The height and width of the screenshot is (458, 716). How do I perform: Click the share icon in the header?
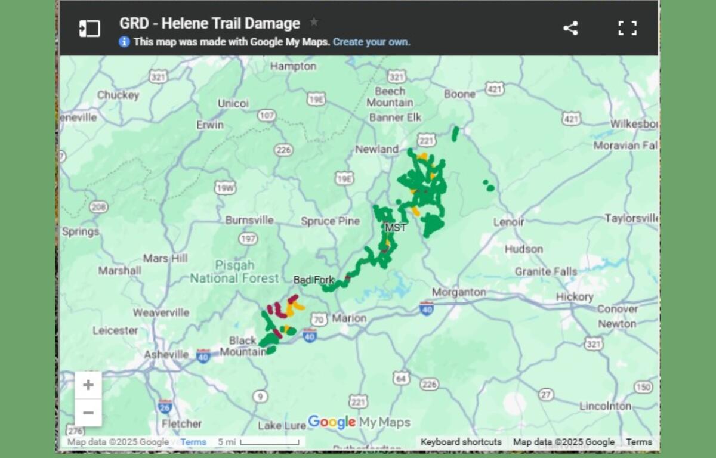click(x=570, y=28)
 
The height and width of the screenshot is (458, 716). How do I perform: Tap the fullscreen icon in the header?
click(x=627, y=28)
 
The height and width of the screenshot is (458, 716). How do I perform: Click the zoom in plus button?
click(x=88, y=385)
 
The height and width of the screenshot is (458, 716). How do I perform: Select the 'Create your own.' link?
click(x=371, y=42)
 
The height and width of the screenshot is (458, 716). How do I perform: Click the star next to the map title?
click(x=314, y=23)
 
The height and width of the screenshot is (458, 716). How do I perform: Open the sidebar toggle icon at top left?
click(x=89, y=28)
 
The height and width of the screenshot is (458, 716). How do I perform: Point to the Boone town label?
click(x=459, y=94)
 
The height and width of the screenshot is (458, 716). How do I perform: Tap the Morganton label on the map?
click(x=458, y=292)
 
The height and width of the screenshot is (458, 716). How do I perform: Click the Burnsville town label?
click(x=249, y=220)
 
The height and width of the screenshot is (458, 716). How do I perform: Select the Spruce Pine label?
click(x=330, y=221)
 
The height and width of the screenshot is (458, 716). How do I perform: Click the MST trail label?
click(x=396, y=228)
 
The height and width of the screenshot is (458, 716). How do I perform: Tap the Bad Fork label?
click(x=314, y=280)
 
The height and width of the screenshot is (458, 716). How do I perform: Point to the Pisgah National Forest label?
click(x=234, y=272)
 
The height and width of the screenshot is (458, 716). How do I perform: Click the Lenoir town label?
click(x=508, y=222)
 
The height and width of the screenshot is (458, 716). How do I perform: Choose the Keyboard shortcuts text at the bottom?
click(x=461, y=442)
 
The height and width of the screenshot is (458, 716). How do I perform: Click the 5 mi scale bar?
click(x=268, y=442)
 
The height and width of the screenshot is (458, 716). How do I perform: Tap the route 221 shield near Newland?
click(x=426, y=140)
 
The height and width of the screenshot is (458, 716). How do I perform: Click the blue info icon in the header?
click(x=124, y=42)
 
